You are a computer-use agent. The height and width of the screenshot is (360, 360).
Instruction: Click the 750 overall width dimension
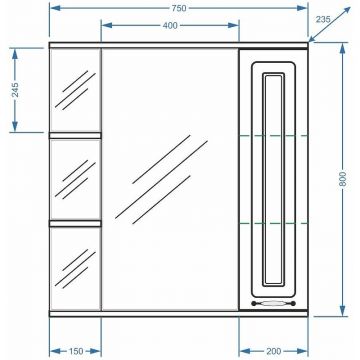[179, 8]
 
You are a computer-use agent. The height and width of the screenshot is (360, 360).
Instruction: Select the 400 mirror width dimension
[170, 26]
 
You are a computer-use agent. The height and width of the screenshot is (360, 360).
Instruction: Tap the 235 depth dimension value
[323, 19]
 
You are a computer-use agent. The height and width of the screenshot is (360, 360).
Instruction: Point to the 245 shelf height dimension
[15, 89]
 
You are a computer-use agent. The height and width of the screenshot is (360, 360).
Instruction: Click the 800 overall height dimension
[344, 179]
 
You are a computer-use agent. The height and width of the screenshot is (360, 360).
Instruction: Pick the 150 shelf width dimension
[76, 351]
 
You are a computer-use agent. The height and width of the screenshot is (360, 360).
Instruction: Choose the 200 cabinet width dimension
[274, 351]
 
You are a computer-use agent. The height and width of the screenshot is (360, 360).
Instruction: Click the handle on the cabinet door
[273, 303]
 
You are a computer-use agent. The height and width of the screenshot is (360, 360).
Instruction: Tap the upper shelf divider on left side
[75, 135]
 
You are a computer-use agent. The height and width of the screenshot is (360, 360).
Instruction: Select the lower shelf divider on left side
[75, 223]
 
